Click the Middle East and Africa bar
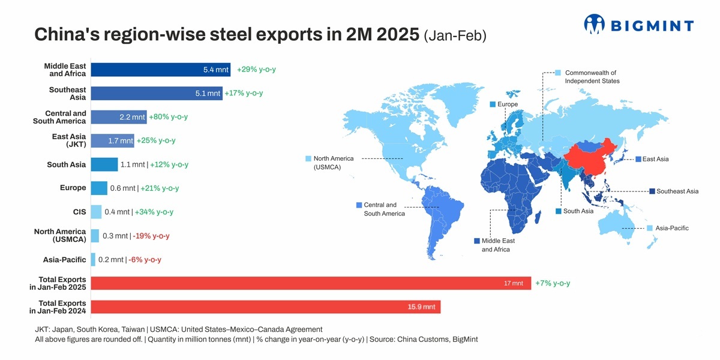[161, 70]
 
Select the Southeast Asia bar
[156, 93]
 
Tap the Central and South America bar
[118, 116]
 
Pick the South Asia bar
[104, 164]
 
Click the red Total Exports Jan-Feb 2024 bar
[265, 307]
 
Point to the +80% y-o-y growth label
[169, 116]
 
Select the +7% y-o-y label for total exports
[553, 283]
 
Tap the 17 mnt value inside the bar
[514, 283]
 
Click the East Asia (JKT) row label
[68, 140]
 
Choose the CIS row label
[79, 212]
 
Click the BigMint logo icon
[595, 24]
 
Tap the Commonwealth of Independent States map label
[592, 77]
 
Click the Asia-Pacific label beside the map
[671, 228]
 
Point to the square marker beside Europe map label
[493, 104]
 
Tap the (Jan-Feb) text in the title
[455, 35]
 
